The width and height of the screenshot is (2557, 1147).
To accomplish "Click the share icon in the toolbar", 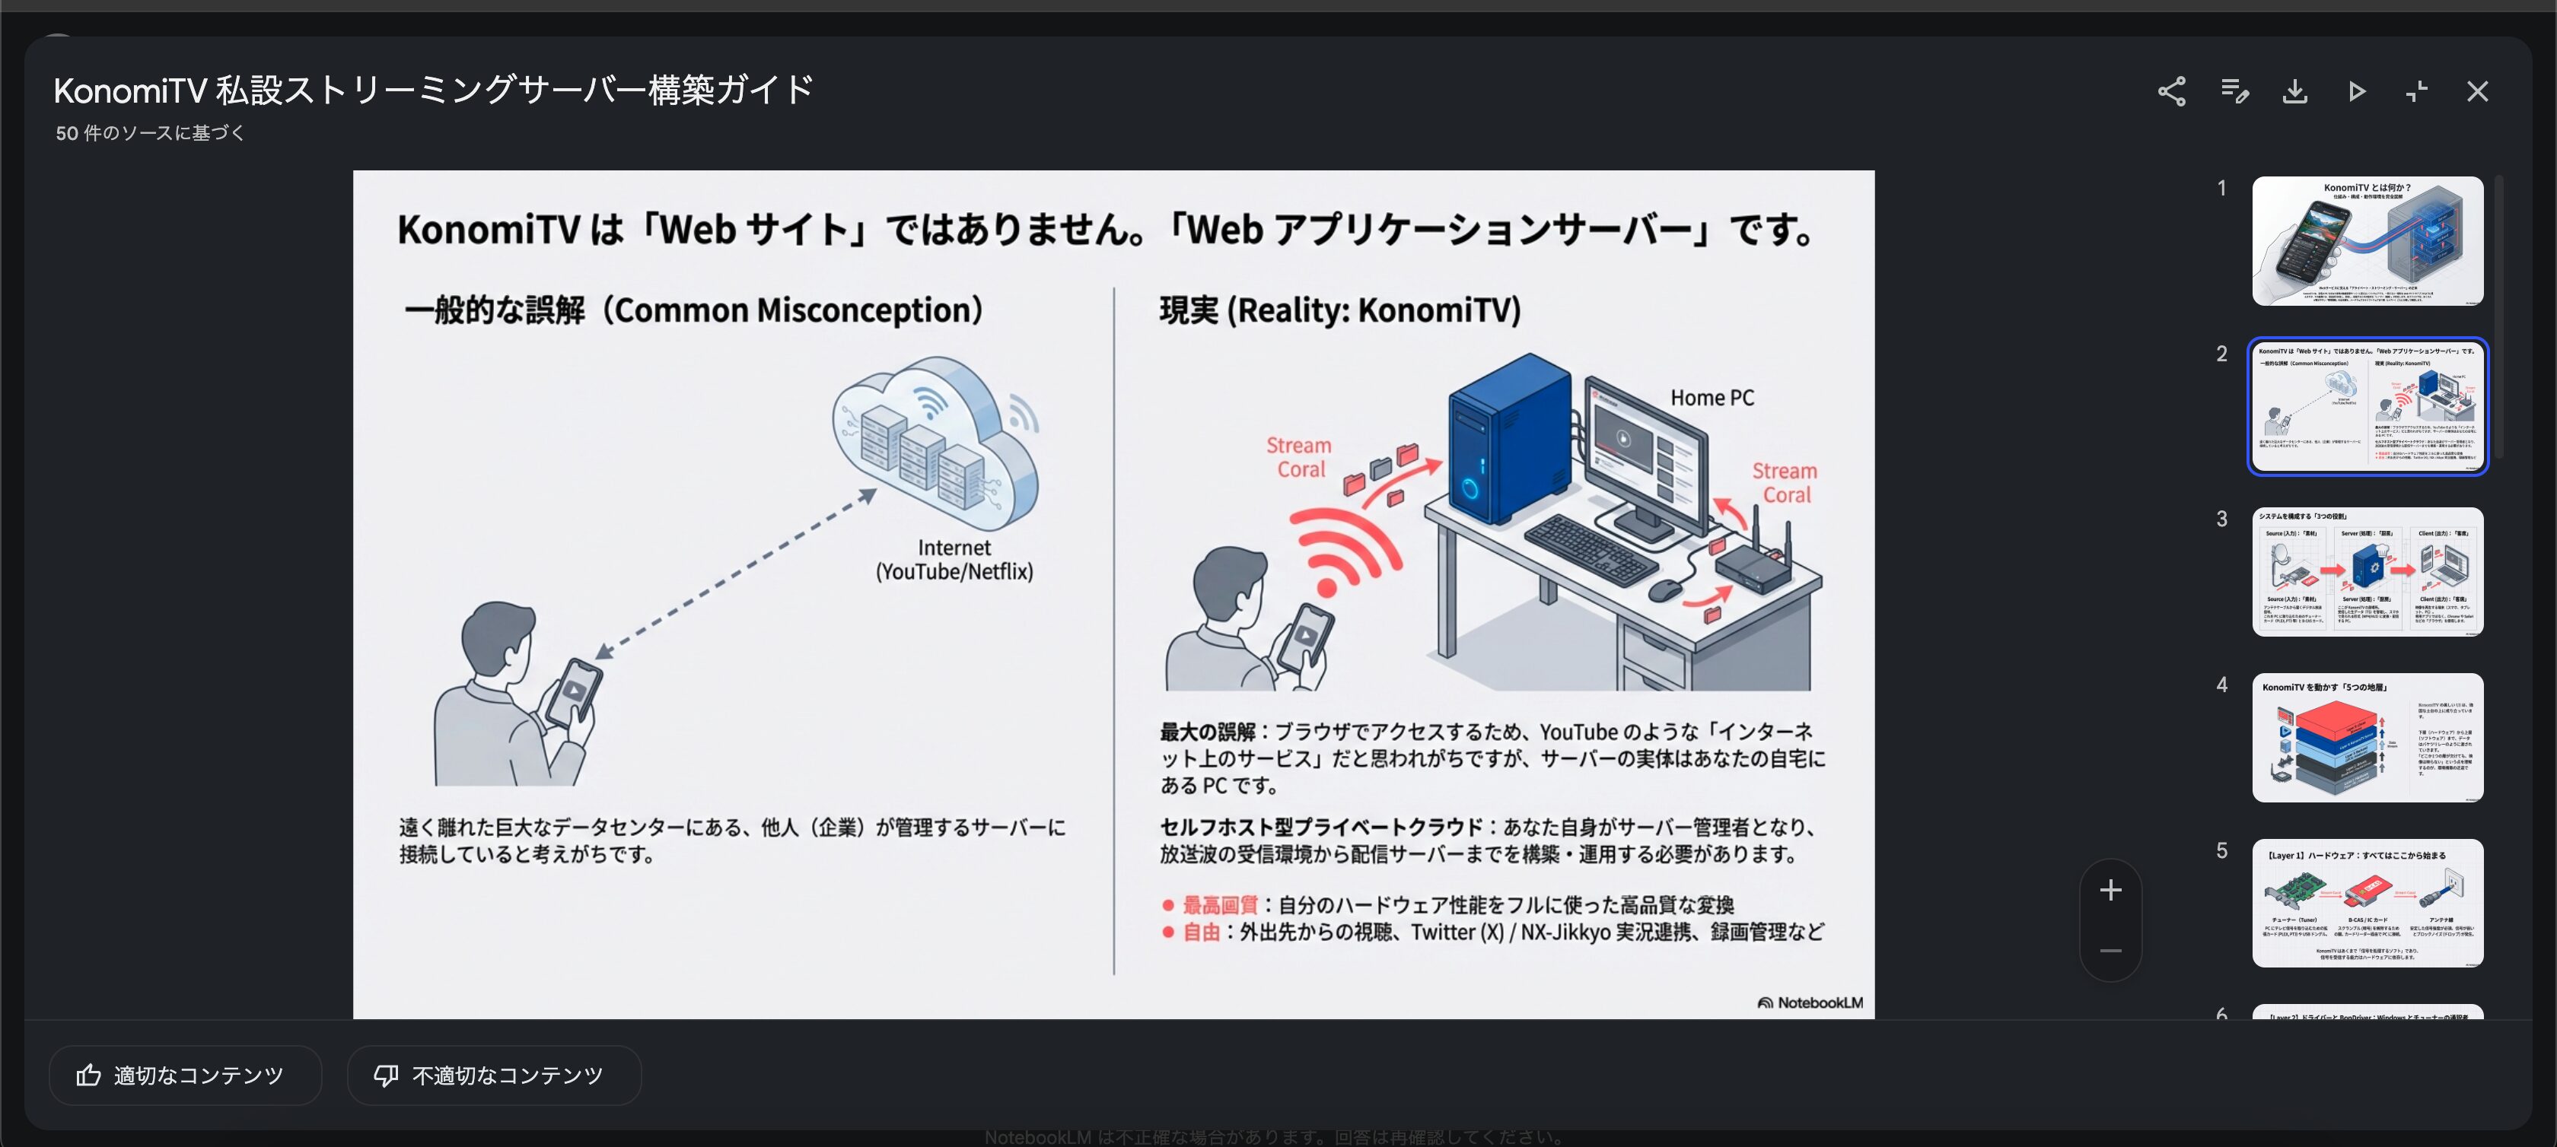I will (2171, 91).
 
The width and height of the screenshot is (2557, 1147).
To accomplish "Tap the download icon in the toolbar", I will (2294, 91).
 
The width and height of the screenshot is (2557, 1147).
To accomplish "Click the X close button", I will (2478, 91).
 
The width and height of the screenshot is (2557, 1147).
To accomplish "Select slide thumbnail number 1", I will (2368, 241).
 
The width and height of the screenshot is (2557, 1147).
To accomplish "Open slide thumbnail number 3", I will (2368, 571).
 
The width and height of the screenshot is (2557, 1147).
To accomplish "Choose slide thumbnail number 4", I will (2368, 737).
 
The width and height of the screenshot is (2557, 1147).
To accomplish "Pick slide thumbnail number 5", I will (2368, 903).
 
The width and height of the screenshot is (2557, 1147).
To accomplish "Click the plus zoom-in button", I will (2110, 890).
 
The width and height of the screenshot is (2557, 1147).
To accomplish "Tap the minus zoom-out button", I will (2110, 951).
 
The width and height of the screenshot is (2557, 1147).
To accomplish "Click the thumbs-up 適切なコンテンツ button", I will (185, 1075).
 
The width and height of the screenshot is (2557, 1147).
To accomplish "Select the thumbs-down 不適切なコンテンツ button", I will (493, 1075).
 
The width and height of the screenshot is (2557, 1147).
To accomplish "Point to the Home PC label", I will (1712, 398).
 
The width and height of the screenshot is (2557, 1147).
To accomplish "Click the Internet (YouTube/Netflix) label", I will (954, 560).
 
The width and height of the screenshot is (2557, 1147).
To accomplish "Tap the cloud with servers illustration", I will (934, 442).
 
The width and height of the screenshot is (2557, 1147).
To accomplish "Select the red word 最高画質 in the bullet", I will (1219, 905).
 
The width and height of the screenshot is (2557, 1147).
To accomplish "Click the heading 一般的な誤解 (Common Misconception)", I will (693, 310).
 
